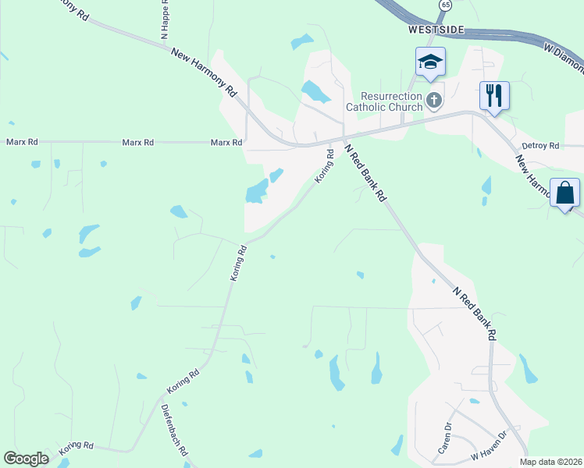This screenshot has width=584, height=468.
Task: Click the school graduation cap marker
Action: click(x=429, y=62)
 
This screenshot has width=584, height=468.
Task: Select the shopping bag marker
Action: click(x=564, y=193)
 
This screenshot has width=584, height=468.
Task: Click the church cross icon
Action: click(x=434, y=100)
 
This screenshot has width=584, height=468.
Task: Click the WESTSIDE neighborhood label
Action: click(x=436, y=30)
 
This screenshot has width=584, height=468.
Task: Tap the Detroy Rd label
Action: click(x=541, y=146)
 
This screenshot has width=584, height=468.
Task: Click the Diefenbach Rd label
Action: click(x=175, y=430)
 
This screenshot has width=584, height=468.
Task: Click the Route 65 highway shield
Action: click(x=445, y=5)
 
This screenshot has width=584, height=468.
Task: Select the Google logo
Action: click(x=26, y=458)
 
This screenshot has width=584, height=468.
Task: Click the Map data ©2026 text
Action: click(x=552, y=462)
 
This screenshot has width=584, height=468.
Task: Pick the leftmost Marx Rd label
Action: click(x=22, y=142)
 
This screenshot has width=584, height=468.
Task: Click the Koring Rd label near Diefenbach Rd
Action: click(x=183, y=381)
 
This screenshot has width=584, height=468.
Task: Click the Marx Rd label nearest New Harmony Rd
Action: click(x=226, y=143)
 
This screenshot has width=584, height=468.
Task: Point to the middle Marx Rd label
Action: click(x=138, y=143)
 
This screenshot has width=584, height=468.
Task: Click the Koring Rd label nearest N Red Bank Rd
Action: click(x=325, y=167)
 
